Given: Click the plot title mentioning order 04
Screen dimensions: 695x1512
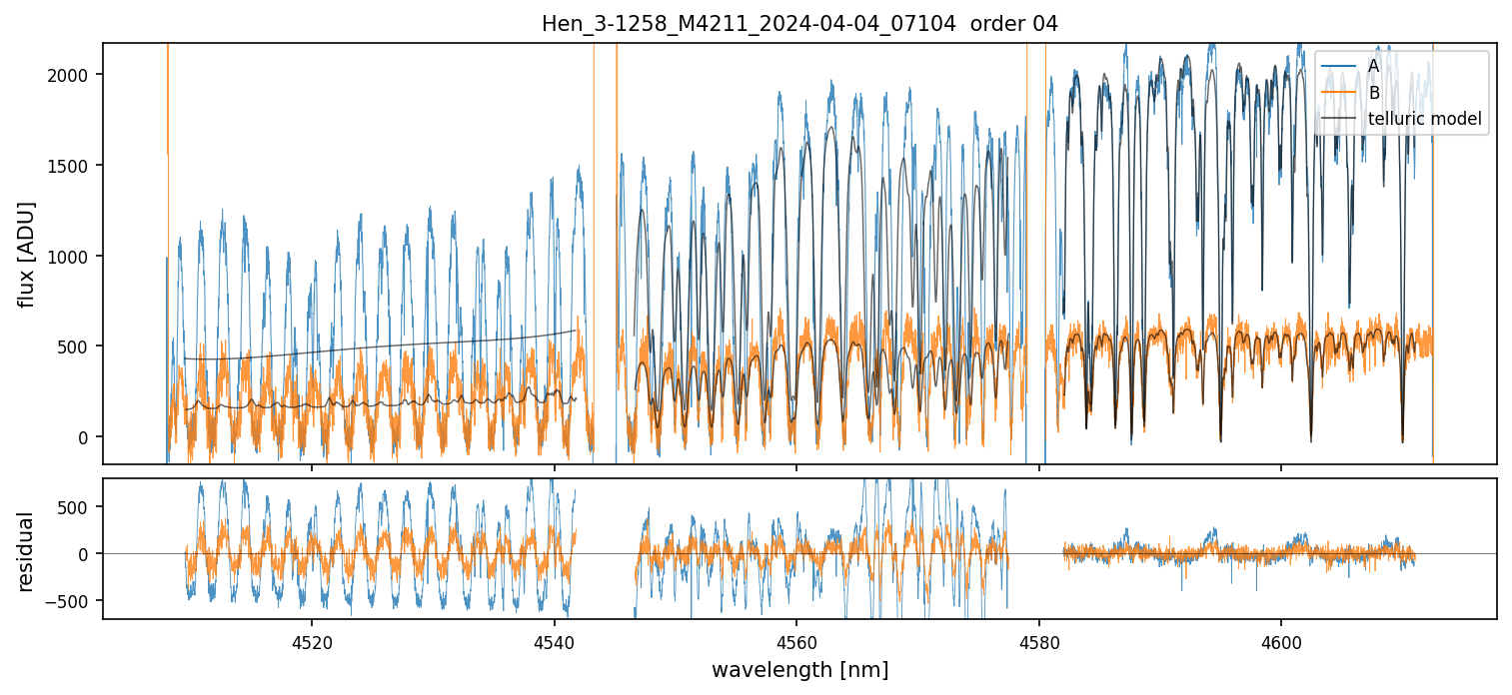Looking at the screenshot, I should click(799, 23).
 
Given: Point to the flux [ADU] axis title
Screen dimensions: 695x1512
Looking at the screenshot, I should click(27, 254).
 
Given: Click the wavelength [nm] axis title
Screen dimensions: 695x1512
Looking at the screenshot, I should click(799, 669).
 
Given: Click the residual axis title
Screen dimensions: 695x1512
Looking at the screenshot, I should click(27, 551).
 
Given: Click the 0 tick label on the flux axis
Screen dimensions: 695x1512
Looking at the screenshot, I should click(85, 437).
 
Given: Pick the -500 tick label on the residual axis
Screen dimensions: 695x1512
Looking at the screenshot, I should click(69, 601).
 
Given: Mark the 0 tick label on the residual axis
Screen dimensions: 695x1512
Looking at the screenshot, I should click(85, 554).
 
